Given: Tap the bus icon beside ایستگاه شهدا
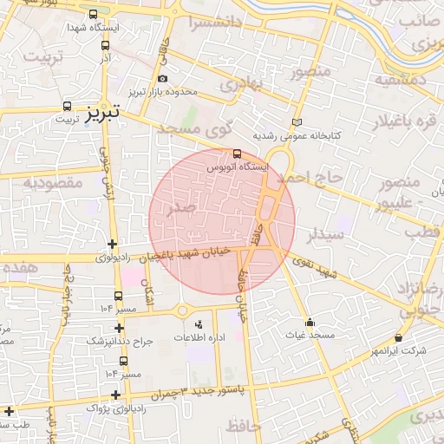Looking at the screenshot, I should [94, 15].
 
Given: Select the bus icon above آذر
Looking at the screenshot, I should [106, 46].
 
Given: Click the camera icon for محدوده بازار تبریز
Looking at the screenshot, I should [162, 79].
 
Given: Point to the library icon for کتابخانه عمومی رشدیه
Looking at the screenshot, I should [298, 123].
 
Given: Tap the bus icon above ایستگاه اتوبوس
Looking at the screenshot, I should [238, 153].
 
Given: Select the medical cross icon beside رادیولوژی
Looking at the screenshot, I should [111, 244].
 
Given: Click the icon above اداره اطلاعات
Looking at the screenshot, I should [199, 323].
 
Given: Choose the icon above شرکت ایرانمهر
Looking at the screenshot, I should [398, 337].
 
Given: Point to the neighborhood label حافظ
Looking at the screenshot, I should [245, 426].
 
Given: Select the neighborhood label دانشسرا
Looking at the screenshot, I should [205, 23].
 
